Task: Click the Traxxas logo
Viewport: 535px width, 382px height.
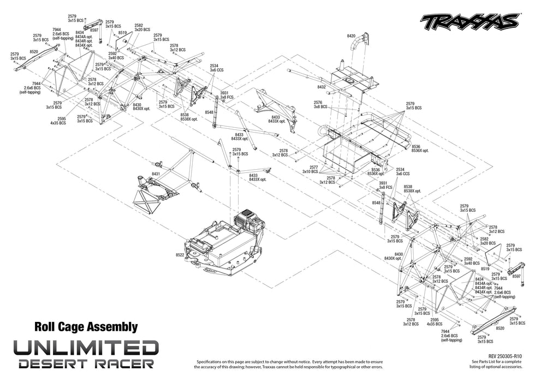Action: pyautogui.click(x=469, y=21)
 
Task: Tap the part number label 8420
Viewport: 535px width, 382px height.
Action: pyautogui.click(x=351, y=35)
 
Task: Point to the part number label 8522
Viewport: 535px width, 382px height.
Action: pyautogui.click(x=180, y=255)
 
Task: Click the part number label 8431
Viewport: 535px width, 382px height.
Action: pyautogui.click(x=156, y=174)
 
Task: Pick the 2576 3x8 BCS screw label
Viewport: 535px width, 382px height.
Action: pyautogui.click(x=318, y=105)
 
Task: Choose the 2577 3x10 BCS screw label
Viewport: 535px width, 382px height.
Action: pyautogui.click(x=313, y=169)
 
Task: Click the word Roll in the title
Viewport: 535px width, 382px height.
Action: pyautogui.click(x=46, y=327)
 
